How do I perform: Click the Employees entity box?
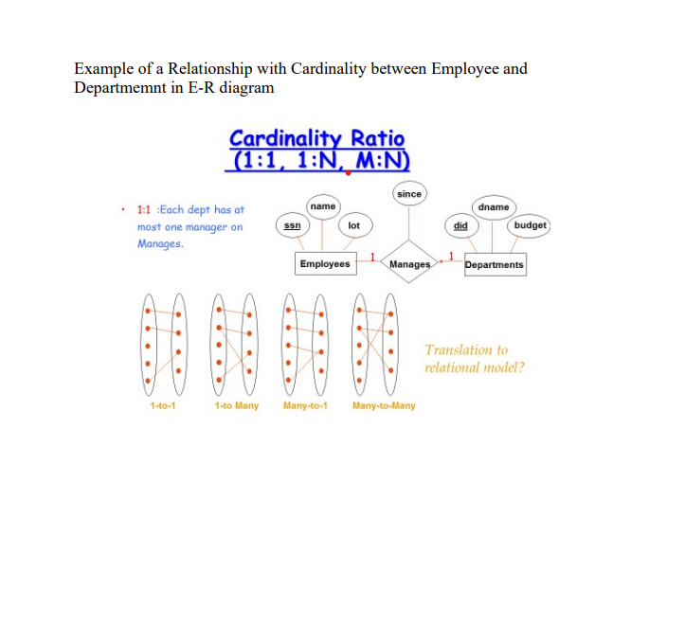324,264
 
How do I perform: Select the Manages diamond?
409,264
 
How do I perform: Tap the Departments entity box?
494,265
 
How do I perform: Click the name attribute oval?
323,205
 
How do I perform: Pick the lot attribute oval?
353,225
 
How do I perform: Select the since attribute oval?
409,193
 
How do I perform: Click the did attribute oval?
460,225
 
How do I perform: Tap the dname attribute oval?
494,206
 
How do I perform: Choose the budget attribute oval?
530,225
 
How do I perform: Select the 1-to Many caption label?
237,406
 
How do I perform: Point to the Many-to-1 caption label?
305,406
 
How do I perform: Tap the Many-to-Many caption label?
384,406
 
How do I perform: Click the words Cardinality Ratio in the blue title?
316,138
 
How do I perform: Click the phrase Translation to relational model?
474,359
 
